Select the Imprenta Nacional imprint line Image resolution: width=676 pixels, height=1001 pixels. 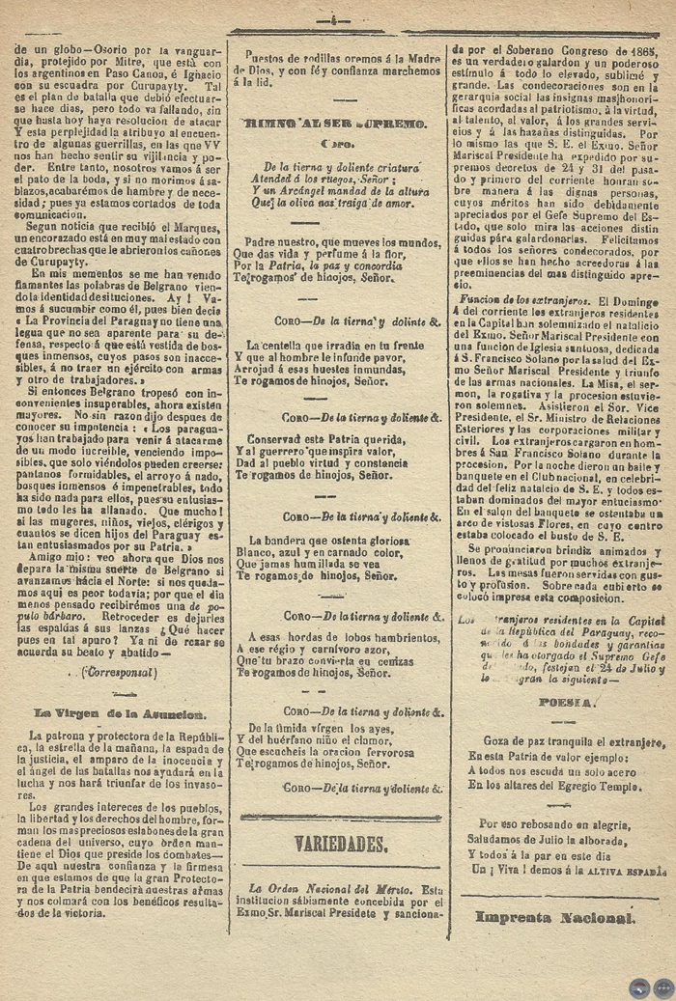560,916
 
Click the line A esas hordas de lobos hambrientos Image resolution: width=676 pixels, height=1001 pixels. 343,636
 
